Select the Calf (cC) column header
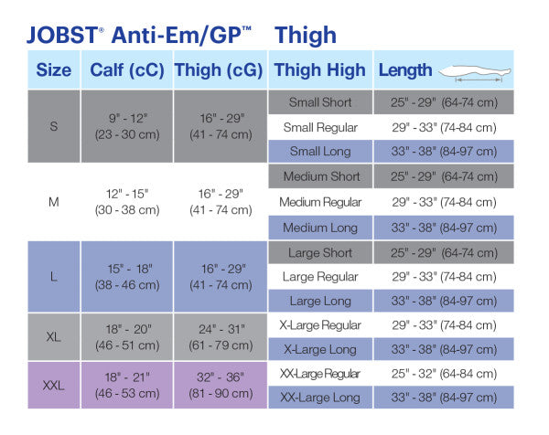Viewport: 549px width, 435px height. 126,70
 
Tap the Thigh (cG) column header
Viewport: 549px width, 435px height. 219,70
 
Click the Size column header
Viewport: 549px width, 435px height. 53,70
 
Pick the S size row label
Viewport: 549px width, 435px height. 53,126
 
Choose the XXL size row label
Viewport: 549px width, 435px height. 53,385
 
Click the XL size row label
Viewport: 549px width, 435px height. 53,337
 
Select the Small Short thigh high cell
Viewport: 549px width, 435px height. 319,102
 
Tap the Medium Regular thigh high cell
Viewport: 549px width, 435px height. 319,202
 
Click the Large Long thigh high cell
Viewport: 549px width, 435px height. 319,301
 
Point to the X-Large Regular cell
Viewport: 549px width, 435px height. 319,325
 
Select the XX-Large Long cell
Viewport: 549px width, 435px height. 319,398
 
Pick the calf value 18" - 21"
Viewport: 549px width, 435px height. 126,377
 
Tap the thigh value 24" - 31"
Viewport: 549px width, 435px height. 219,329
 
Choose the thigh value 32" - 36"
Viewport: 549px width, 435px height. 219,377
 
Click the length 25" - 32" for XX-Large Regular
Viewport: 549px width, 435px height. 442,373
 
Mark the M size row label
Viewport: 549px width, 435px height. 53,201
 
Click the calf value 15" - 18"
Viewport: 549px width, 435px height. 126,269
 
